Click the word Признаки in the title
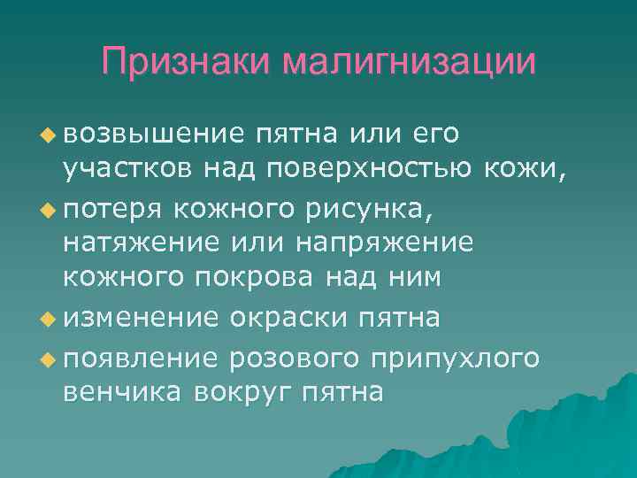(x=186, y=62)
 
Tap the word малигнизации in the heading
(x=410, y=62)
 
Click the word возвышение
(x=152, y=134)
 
